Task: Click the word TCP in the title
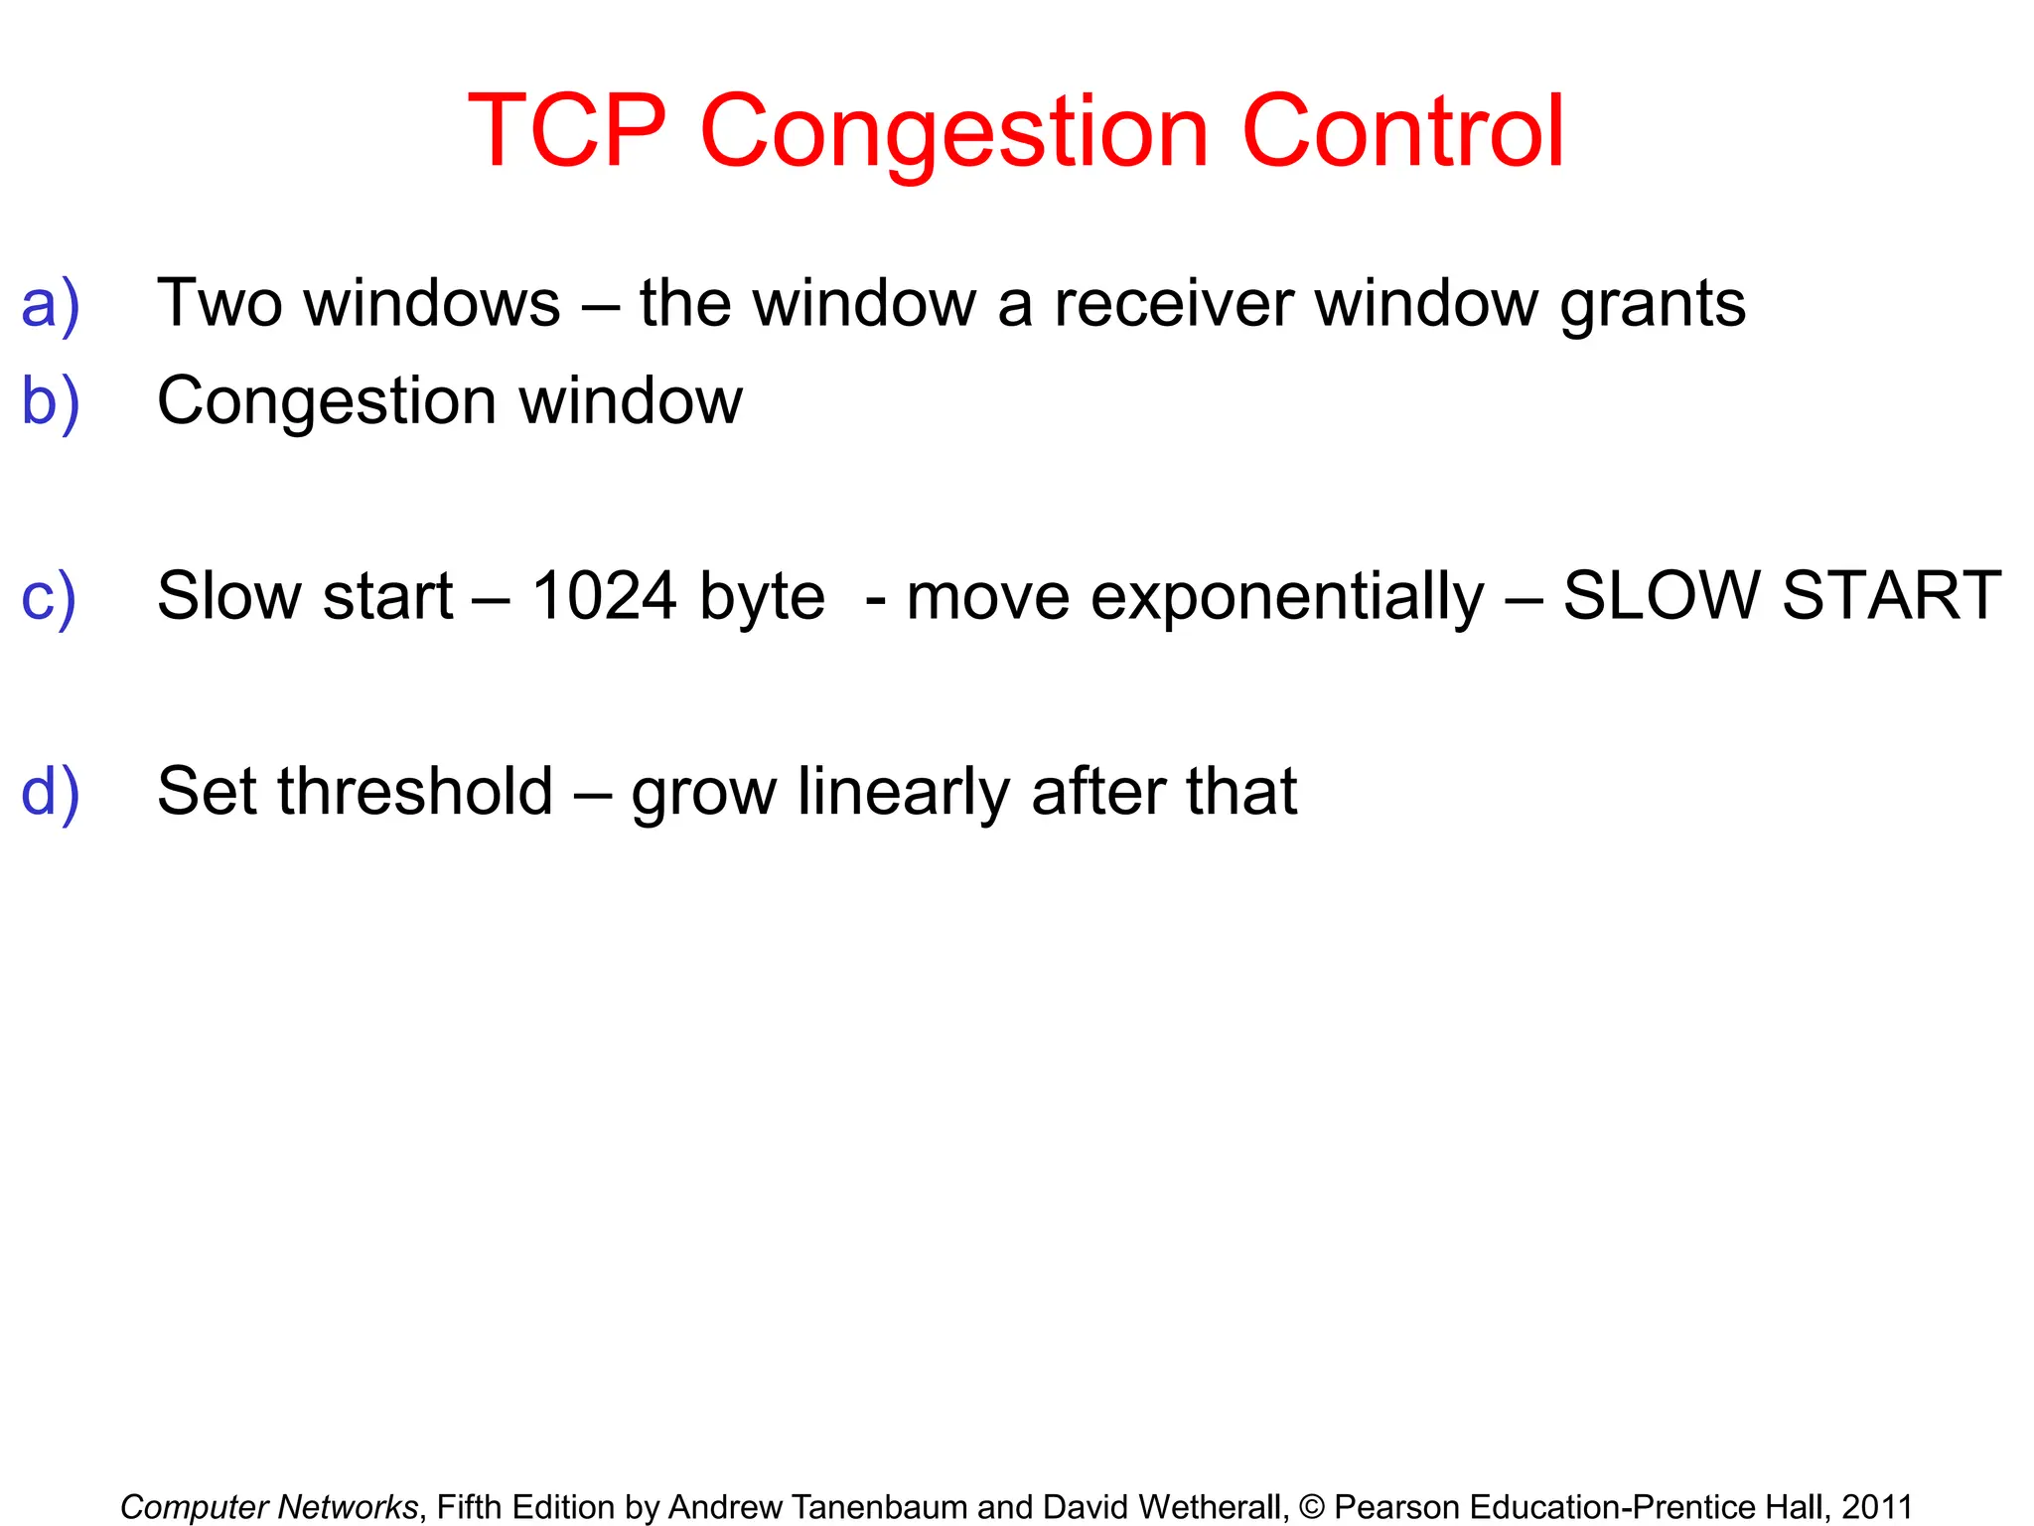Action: click(567, 131)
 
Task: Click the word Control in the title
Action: click(1403, 131)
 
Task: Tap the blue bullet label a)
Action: click(50, 304)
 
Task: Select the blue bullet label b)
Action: click(50, 401)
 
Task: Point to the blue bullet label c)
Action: click(49, 596)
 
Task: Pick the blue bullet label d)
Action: click(50, 792)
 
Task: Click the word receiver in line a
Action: click(1173, 303)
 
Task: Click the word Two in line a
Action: click(219, 303)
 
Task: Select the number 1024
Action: click(604, 596)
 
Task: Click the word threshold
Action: click(415, 792)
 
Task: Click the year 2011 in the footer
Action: click(1877, 1507)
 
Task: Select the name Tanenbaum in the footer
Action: click(880, 1507)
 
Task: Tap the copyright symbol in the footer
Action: click(1311, 1507)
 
